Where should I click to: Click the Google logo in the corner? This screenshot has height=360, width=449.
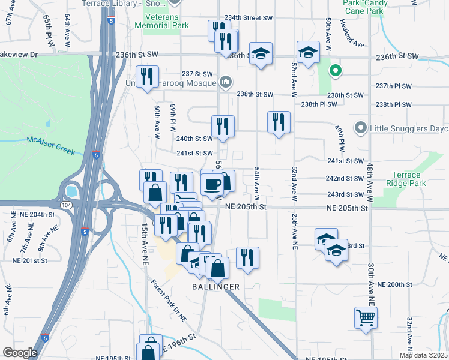19,352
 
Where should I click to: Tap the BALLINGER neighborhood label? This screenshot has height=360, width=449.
215,287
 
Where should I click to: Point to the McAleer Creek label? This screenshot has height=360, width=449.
51,144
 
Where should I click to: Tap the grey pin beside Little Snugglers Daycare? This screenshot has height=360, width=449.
360,127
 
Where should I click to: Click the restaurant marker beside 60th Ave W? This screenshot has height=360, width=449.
147,76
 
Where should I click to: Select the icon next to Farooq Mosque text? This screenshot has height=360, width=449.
226,81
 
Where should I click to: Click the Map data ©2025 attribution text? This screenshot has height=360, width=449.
423,355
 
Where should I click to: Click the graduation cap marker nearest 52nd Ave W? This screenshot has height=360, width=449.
308,52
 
